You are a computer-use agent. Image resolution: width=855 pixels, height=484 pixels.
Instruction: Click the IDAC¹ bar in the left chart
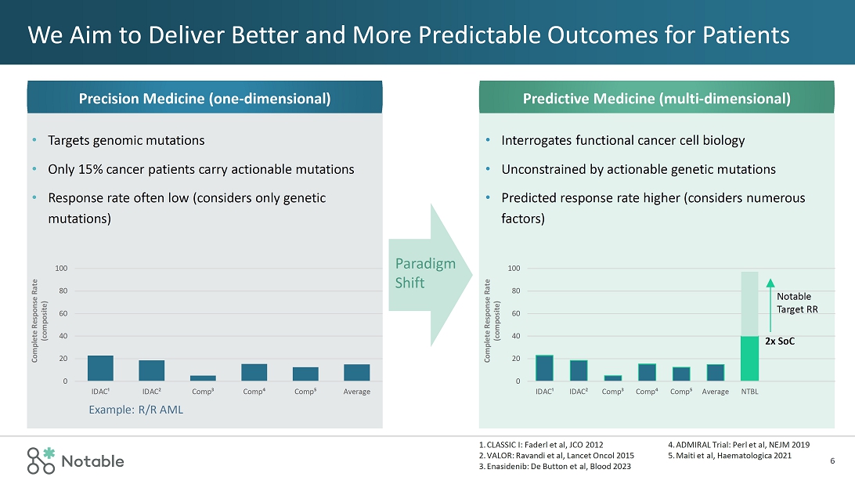[100, 368]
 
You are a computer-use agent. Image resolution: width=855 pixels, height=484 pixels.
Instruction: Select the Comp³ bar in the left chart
[202, 378]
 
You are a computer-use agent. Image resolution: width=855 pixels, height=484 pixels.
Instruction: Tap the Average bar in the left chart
[356, 373]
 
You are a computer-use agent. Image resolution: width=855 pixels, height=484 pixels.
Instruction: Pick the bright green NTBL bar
[749, 359]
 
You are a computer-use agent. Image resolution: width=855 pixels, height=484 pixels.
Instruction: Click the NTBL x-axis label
[749, 392]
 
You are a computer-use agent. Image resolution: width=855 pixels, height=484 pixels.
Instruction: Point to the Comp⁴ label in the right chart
[647, 392]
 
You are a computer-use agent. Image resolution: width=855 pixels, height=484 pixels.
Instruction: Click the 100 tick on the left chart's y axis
[61, 269]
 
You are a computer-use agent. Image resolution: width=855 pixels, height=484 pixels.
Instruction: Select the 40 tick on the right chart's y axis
[514, 336]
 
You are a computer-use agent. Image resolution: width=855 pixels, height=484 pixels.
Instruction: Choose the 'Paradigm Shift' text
[424, 273]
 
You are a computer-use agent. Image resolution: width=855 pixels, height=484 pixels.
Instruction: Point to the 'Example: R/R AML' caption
[135, 410]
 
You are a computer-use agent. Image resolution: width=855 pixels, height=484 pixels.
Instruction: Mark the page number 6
[832, 461]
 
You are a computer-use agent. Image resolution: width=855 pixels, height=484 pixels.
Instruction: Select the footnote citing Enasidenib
[554, 467]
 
